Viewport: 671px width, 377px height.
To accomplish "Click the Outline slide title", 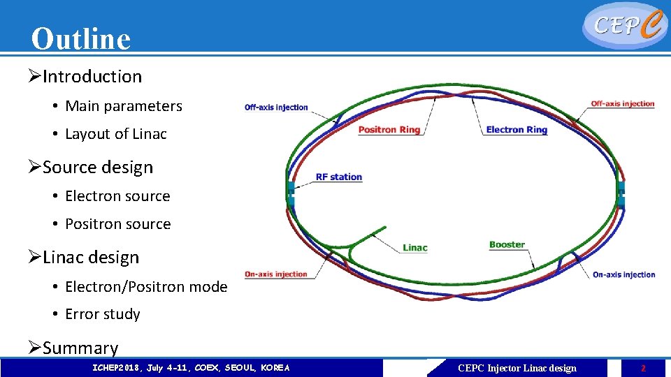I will click(81, 39).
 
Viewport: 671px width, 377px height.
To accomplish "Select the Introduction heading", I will click(92, 77).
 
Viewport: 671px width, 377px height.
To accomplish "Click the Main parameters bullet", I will click(123, 106).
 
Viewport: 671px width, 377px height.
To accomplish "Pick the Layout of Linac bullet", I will click(115, 134).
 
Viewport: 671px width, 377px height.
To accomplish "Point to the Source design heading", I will click(97, 168).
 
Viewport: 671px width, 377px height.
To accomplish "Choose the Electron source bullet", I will click(117, 196).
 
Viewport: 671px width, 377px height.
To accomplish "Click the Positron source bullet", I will click(117, 224).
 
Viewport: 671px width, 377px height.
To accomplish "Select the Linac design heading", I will click(91, 258).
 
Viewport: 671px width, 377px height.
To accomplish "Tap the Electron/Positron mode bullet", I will click(146, 287).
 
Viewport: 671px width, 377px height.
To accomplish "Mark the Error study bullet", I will click(102, 315).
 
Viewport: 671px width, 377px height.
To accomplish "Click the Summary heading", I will click(80, 348).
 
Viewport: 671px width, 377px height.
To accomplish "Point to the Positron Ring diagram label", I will click(389, 130).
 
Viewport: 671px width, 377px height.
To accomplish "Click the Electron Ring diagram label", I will click(517, 130).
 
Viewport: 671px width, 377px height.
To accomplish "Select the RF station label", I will click(339, 177).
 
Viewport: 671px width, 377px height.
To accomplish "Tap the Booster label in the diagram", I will click(507, 244).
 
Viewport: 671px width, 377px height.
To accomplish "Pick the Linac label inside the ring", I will click(415, 248).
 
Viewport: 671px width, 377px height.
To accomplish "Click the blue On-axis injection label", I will click(623, 275).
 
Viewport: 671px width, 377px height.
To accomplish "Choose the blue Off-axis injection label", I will click(276, 108).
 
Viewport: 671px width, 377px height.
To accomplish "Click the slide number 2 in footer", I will click(643, 368).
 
